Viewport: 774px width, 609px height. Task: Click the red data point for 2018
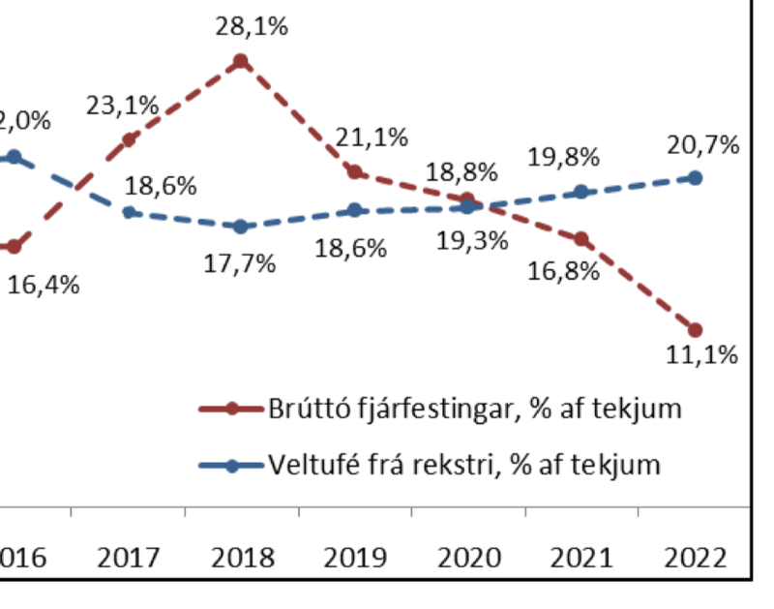[241, 62]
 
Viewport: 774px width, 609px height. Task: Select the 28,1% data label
[252, 26]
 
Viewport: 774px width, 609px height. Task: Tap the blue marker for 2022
[695, 178]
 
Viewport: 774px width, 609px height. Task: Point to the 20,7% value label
[702, 145]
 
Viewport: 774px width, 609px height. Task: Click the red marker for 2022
[695, 329]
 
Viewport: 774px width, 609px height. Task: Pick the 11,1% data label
[701, 354]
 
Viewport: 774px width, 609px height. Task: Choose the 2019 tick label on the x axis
[354, 558]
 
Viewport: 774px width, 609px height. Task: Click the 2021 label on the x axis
[581, 558]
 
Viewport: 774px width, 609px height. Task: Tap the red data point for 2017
[129, 139]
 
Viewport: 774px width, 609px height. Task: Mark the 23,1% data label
[122, 106]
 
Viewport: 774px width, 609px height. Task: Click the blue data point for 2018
[241, 227]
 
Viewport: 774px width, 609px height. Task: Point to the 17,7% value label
[239, 262]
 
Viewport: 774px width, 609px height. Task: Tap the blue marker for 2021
[580, 192]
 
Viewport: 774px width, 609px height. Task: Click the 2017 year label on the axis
[128, 558]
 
